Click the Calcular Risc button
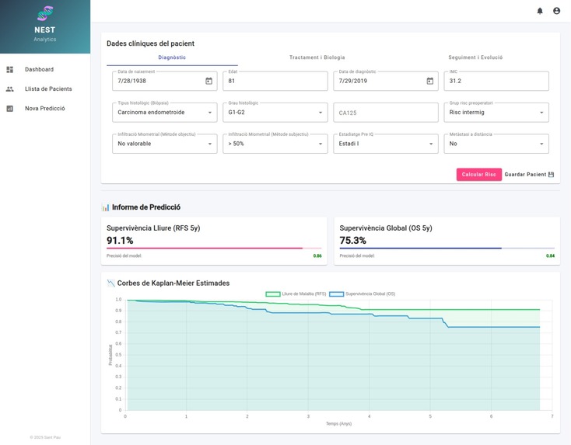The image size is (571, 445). [x=478, y=175]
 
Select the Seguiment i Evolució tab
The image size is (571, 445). [x=475, y=57]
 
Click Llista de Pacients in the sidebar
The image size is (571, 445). [x=48, y=89]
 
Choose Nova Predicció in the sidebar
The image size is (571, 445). [x=44, y=109]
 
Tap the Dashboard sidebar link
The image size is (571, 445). [x=39, y=70]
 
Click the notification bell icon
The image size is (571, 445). [x=540, y=11]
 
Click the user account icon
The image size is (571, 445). [x=556, y=11]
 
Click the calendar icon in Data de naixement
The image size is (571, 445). [x=208, y=81]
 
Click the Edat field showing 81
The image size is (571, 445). [x=275, y=81]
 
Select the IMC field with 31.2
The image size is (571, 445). [x=498, y=81]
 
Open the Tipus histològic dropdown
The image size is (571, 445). [x=164, y=113]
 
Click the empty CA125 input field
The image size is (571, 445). [x=385, y=113]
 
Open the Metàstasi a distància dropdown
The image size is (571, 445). [x=498, y=144]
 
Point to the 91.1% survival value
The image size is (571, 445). [x=120, y=241]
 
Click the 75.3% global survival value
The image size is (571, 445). [x=353, y=241]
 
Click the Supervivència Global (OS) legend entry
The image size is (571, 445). [x=363, y=294]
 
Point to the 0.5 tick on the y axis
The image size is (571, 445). [x=118, y=355]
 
